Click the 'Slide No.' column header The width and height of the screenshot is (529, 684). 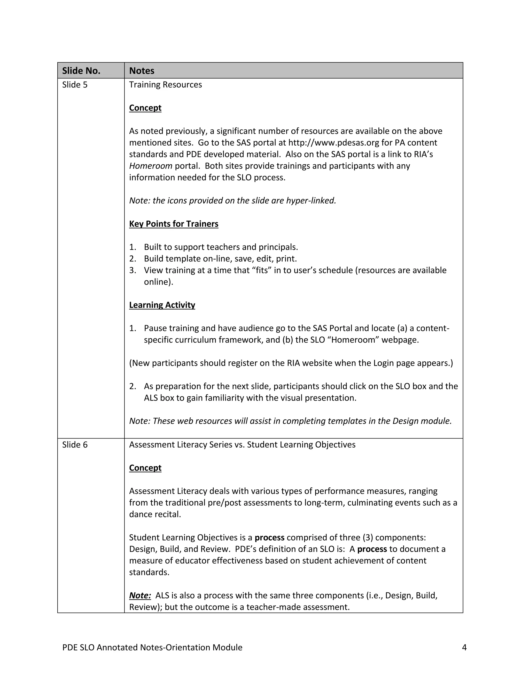click(81, 71)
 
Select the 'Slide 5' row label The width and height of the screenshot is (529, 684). click(75, 85)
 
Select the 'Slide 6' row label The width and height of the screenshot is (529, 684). click(75, 445)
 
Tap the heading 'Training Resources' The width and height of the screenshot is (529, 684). click(166, 85)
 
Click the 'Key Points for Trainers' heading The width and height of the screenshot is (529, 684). click(174, 224)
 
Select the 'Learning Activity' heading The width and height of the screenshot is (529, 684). click(162, 305)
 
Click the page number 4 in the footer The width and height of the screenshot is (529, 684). click(464, 647)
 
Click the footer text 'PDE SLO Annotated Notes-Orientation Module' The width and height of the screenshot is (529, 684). click(152, 647)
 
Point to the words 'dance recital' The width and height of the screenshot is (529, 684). click(155, 514)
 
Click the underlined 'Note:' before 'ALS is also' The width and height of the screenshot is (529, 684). click(140, 595)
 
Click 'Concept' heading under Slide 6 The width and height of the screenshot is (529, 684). click(145, 468)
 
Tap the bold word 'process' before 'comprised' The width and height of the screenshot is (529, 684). click(269, 538)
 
